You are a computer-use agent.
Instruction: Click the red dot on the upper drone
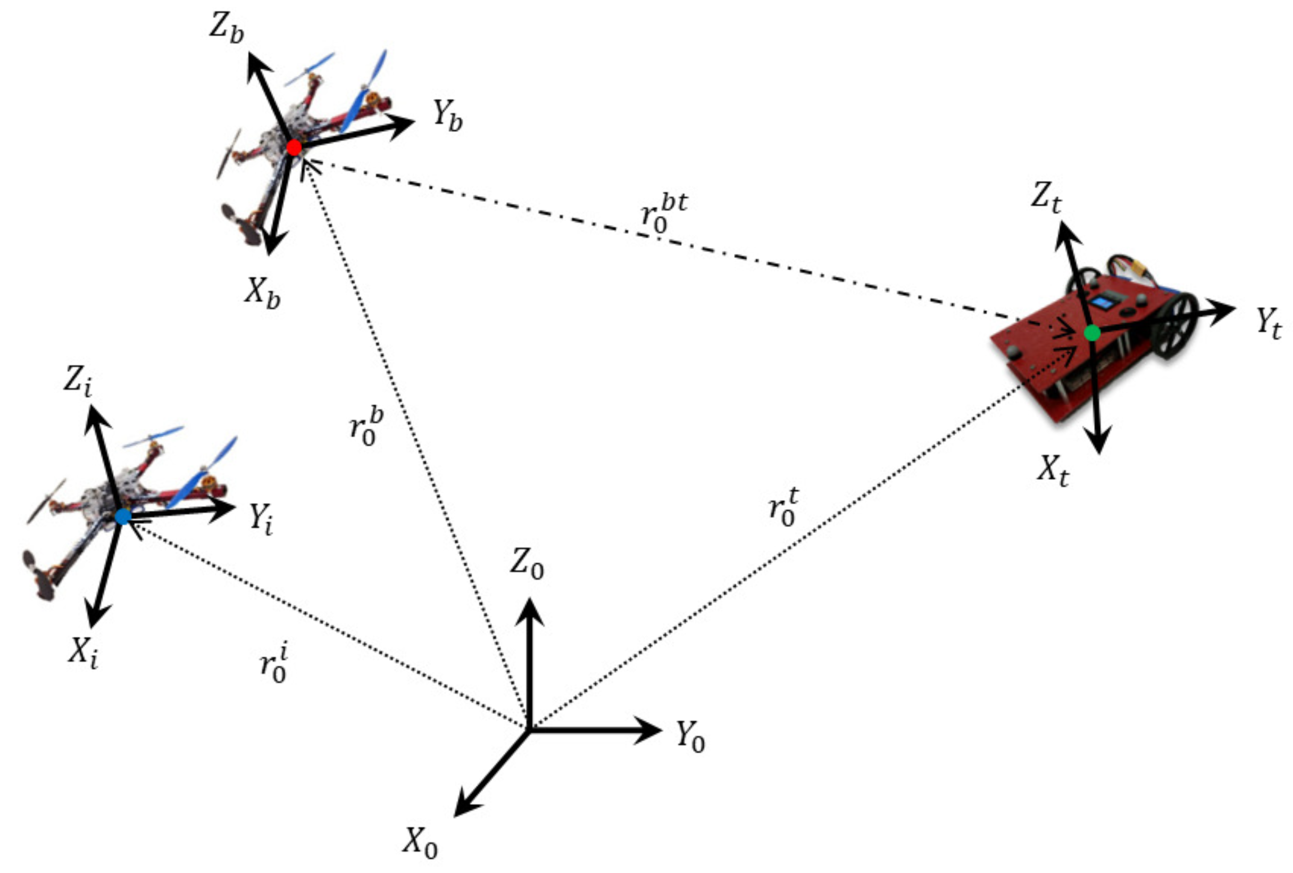(x=294, y=147)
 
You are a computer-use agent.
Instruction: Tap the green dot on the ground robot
(x=1092, y=332)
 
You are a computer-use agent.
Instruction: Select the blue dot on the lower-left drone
(x=122, y=517)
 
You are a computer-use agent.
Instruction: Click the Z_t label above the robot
(x=1046, y=197)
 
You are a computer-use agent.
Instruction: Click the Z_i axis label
(x=77, y=381)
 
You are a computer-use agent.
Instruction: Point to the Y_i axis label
(x=261, y=520)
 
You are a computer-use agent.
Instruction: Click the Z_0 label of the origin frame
(x=527, y=563)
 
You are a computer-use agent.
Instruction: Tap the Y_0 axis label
(x=690, y=737)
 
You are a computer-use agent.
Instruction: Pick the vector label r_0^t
(x=783, y=507)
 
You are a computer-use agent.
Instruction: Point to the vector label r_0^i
(x=274, y=663)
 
